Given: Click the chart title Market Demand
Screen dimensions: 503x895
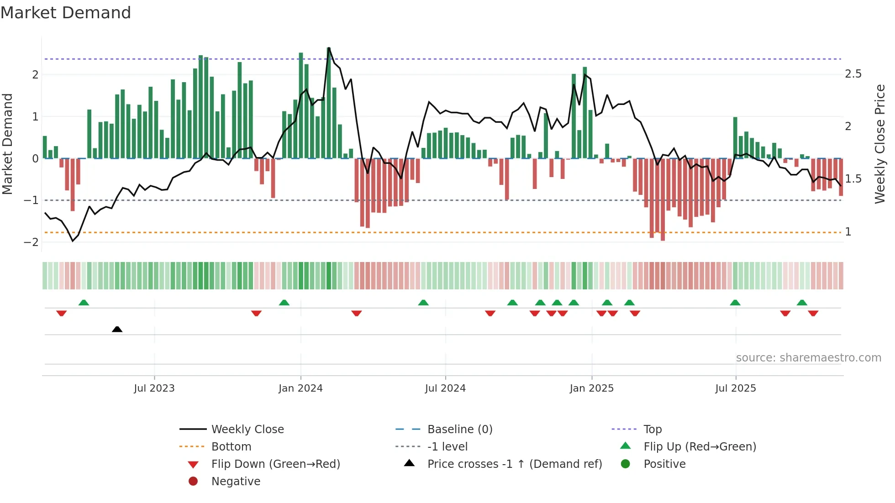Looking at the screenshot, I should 66,13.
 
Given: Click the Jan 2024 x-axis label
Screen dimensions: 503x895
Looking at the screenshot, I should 300,388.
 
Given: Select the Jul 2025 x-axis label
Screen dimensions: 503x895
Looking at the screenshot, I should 735,388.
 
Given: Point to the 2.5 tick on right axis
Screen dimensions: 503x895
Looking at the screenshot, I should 853,74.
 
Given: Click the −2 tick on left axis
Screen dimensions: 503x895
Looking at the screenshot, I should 32,242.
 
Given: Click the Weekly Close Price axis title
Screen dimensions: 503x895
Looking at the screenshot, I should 879,144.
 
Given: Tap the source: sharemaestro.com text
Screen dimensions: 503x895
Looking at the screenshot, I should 808,357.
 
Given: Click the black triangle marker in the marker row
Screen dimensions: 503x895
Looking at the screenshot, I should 117,329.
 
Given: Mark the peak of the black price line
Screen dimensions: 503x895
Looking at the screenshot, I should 329,48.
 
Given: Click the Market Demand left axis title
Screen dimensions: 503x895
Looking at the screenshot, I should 8,144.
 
